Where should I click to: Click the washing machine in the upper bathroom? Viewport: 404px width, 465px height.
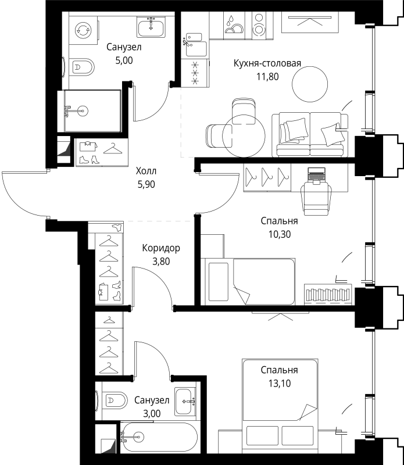(83, 30)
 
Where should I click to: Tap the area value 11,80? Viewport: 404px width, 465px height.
(267, 77)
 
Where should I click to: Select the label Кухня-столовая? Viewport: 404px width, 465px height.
(267, 63)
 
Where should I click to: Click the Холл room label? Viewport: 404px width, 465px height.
(146, 171)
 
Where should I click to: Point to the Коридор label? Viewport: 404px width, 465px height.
(161, 248)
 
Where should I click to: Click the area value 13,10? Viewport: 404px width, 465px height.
(280, 384)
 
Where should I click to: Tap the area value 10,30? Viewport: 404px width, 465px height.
(280, 235)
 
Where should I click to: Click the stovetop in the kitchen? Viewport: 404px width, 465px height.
(195, 73)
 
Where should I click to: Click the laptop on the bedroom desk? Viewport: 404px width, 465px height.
(316, 175)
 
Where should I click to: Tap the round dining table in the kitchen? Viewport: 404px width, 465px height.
(244, 136)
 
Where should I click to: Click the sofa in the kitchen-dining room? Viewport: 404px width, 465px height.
(309, 134)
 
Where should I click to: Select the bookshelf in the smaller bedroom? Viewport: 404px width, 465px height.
(328, 295)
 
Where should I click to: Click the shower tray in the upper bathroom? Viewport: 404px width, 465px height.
(92, 111)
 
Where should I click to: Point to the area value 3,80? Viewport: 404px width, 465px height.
(161, 261)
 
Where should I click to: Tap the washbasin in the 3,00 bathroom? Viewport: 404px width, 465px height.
(185, 402)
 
